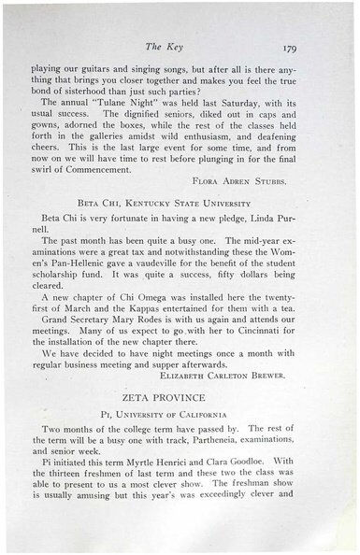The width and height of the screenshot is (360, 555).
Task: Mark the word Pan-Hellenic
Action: tap(78, 295)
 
